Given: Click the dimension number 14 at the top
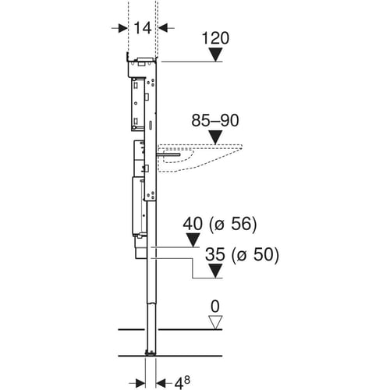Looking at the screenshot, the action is pos(143,28).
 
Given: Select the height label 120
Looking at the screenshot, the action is pos(215,38).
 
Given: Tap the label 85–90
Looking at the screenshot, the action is pos(215,121).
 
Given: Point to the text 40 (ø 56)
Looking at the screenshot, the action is pos(220,224).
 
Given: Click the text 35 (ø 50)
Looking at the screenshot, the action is pos(242,254).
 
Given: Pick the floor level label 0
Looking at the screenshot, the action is pos(215,307).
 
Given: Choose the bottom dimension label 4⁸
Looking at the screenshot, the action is pos(182,383).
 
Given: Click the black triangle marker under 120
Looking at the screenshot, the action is pos(215,54).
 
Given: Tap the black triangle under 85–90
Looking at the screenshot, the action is pos(215,136).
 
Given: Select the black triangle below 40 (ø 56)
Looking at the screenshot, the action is pos(193,239).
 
